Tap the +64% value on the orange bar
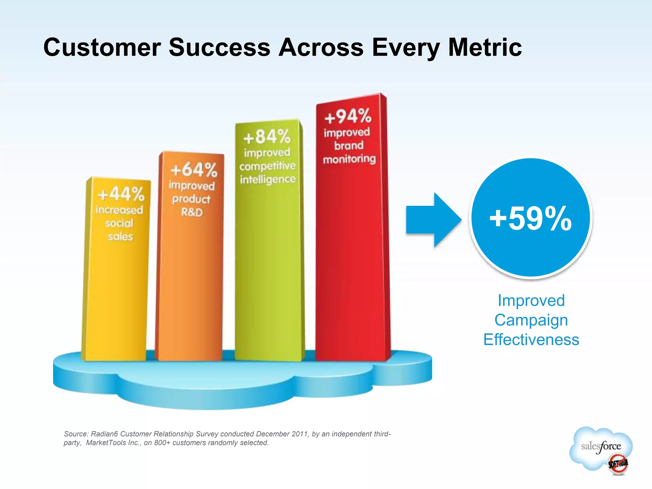coord(194,169)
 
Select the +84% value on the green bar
coord(267,137)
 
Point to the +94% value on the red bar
coord(348,116)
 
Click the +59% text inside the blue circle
coord(530,218)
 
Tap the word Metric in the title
coord(485,47)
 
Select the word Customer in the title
coord(102,47)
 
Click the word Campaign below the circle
coord(531,320)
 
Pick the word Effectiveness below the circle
coord(531,339)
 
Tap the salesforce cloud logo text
coord(601,446)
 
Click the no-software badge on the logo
coord(618,464)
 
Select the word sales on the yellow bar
coord(120,237)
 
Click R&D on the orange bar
coord(192,212)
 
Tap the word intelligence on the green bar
coord(268,180)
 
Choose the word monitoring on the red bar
coord(349,159)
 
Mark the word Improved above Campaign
coord(531,301)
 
